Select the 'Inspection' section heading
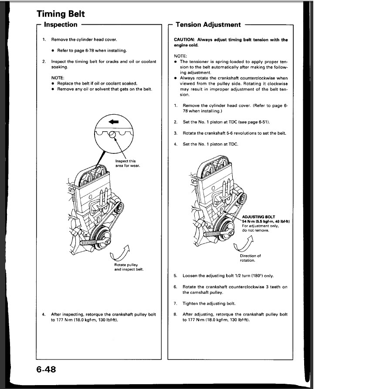point(61,25)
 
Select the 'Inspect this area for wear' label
point(127,163)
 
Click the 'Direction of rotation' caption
point(250,258)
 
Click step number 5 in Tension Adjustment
point(175,276)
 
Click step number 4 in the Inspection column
point(44,314)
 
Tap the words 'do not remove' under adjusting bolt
point(255,230)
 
